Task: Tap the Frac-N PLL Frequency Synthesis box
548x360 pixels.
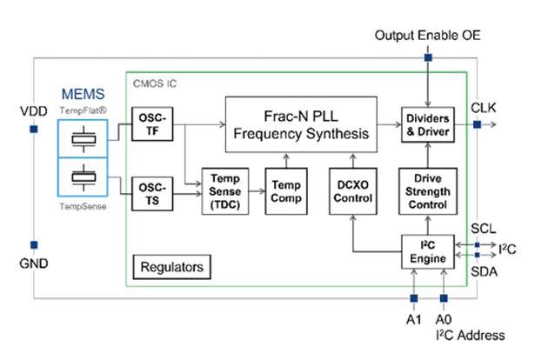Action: click(301, 124)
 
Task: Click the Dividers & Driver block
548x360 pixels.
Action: click(427, 124)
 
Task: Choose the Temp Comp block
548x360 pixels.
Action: click(285, 190)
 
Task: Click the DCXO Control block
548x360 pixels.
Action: click(353, 190)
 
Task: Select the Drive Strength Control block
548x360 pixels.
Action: click(427, 190)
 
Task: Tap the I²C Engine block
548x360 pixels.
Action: click(427, 251)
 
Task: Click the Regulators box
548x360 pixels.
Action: click(173, 265)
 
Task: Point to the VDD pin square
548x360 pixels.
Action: click(33, 130)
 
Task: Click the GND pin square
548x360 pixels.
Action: click(33, 244)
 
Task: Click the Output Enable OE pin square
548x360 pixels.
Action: click(427, 58)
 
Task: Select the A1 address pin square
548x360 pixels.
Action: click(413, 297)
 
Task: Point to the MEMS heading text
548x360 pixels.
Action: click(84, 94)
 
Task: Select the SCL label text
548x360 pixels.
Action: click(485, 228)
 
